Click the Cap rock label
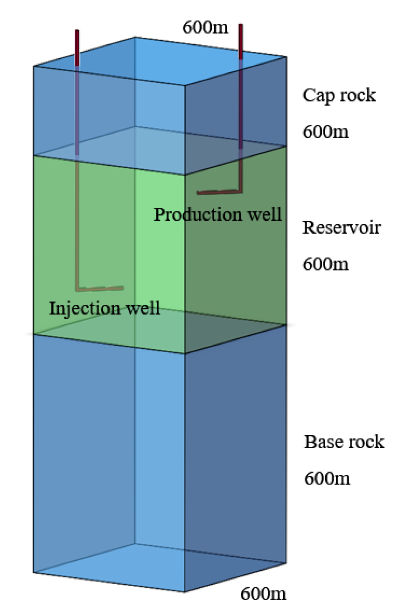tap(339, 96)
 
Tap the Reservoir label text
tap(342, 228)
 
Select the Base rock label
tap(344, 442)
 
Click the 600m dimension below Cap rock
tap(325, 132)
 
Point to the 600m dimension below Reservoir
tap(325, 264)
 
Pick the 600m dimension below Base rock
tap(327, 479)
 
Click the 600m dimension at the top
tap(205, 27)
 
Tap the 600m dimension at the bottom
tap(263, 594)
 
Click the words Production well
tap(217, 215)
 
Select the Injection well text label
tap(105, 308)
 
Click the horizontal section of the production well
tap(217, 191)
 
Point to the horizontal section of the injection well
tap(100, 288)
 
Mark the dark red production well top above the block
tap(241, 42)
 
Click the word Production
tap(195, 215)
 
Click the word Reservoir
tap(342, 228)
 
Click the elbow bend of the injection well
tap(78, 288)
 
